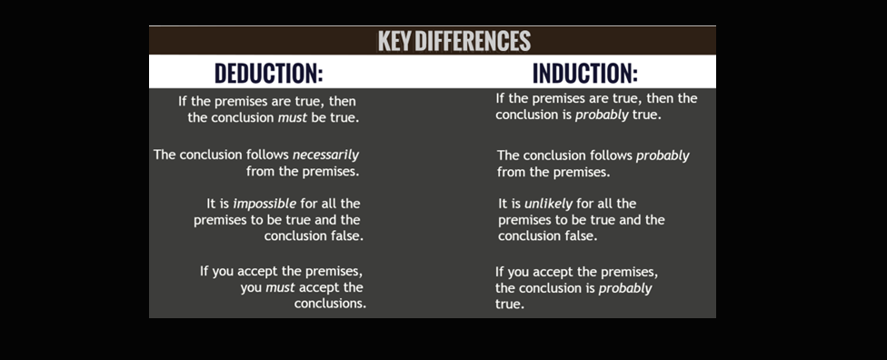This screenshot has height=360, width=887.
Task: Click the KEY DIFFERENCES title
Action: pyautogui.click(x=454, y=41)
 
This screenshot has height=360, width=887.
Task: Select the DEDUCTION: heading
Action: pyautogui.click(x=269, y=73)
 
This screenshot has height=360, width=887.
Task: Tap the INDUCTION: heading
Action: pyautogui.click(x=585, y=73)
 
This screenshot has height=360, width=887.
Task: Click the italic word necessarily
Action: pyautogui.click(x=326, y=155)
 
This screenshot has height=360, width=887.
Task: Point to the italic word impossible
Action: pyautogui.click(x=264, y=204)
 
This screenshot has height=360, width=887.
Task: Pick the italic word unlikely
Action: pyautogui.click(x=549, y=204)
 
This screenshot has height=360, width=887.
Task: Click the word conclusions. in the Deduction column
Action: pyautogui.click(x=330, y=304)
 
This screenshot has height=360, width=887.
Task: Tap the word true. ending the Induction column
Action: pyautogui.click(x=510, y=305)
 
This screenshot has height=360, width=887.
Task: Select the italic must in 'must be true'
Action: pyautogui.click(x=293, y=119)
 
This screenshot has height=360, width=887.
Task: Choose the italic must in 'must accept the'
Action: pyautogui.click(x=281, y=287)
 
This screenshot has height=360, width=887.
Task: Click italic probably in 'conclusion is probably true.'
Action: pyautogui.click(x=600, y=115)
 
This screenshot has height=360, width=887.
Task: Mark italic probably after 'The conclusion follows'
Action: pyautogui.click(x=663, y=155)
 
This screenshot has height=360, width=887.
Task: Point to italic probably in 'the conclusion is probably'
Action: pyautogui.click(x=625, y=289)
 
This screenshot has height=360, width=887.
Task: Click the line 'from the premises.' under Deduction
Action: pyautogui.click(x=303, y=172)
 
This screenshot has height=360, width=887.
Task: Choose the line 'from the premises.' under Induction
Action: pyautogui.click(x=553, y=172)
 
